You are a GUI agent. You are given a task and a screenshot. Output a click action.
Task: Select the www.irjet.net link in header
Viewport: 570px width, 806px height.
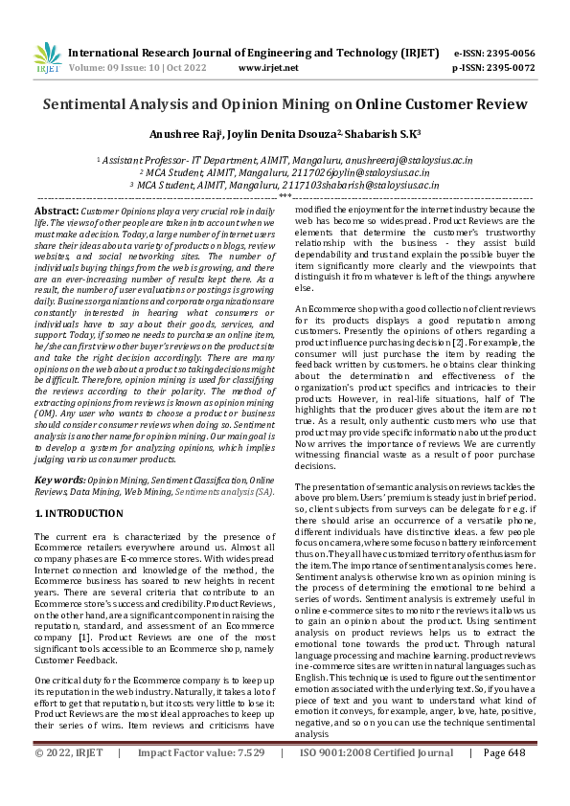[264, 68]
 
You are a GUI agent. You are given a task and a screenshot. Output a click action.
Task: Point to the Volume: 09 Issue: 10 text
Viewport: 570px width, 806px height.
[127, 68]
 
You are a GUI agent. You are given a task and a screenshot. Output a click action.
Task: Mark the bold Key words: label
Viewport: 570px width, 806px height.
[59, 479]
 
